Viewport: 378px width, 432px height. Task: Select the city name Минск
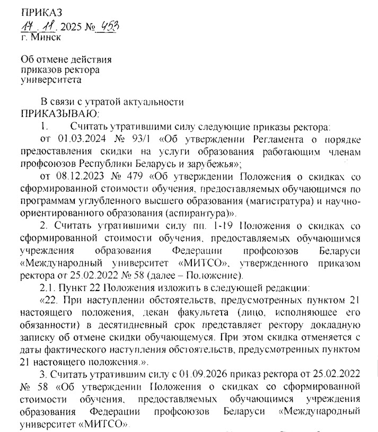(x=46, y=37)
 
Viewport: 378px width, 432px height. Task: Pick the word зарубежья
(x=212, y=163)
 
